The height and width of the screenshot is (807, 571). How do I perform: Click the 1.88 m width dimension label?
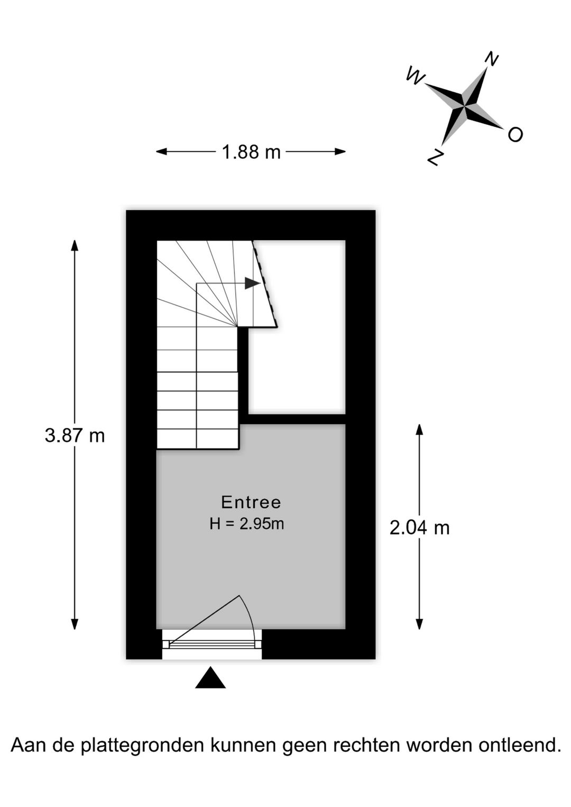(x=251, y=152)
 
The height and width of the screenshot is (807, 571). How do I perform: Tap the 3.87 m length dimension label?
(x=75, y=436)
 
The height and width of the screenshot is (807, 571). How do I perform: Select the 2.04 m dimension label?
(x=420, y=528)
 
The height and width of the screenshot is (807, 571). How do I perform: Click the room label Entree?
(x=251, y=502)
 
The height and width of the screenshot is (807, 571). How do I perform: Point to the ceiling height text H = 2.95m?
(x=247, y=524)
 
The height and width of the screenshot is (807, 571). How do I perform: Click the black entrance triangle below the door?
(x=210, y=677)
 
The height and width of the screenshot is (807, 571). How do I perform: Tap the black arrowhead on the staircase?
(x=252, y=283)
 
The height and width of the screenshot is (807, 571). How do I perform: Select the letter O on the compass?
(x=515, y=134)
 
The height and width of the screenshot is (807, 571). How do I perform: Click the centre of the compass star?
(x=465, y=106)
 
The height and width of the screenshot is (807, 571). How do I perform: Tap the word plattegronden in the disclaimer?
(x=142, y=746)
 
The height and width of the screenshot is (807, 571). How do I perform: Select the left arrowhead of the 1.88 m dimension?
(x=161, y=152)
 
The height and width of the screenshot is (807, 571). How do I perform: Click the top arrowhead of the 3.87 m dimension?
(x=75, y=245)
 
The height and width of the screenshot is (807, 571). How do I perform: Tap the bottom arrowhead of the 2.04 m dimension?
(x=419, y=624)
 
